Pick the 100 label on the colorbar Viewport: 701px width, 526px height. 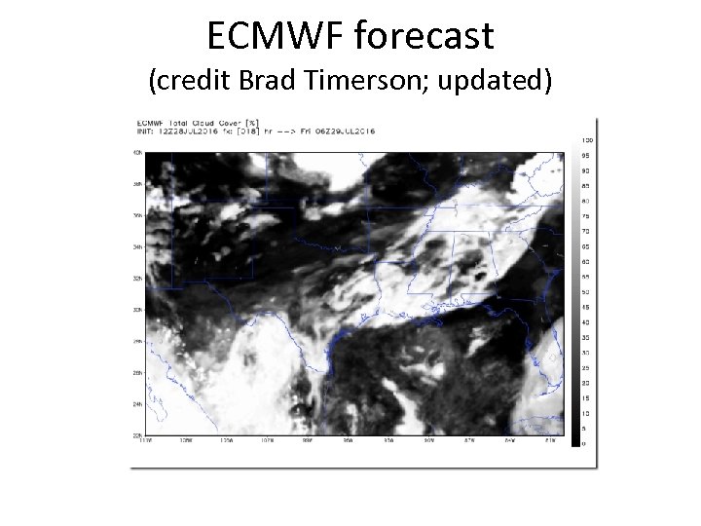click(x=587, y=141)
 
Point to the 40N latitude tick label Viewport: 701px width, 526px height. click(x=138, y=153)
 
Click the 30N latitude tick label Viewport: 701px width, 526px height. click(x=138, y=310)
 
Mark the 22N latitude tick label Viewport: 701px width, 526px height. click(x=138, y=435)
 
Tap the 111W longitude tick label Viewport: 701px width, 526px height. click(x=146, y=442)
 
